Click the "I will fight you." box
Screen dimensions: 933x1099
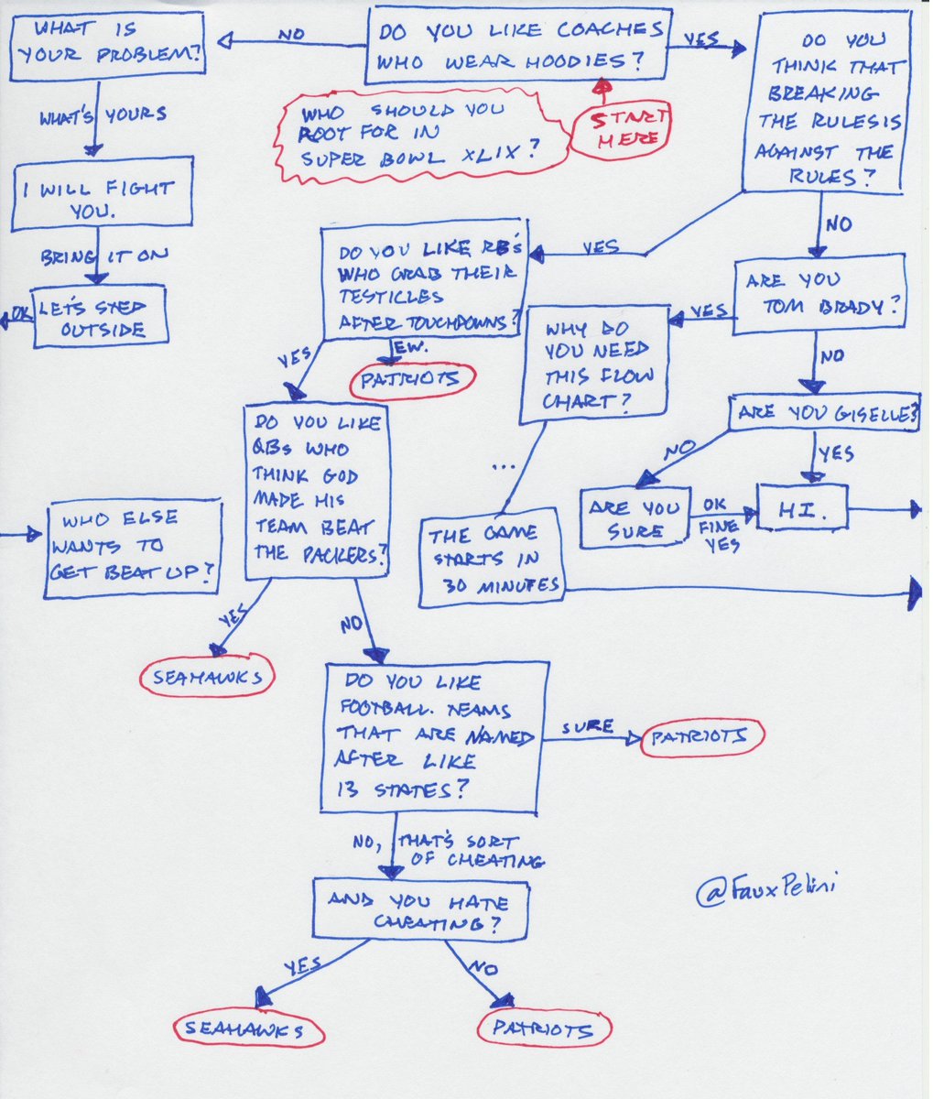pos(101,199)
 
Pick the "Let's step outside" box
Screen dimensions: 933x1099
pos(101,316)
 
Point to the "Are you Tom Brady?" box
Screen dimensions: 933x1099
pos(819,292)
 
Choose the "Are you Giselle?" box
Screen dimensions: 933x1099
pos(823,413)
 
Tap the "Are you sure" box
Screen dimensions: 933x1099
pos(635,518)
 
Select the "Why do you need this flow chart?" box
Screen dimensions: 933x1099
pos(595,364)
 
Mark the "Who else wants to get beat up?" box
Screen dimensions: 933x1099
pos(134,547)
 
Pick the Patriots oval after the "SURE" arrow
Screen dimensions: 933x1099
pos(701,736)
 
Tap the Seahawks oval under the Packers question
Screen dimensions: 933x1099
pos(207,677)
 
